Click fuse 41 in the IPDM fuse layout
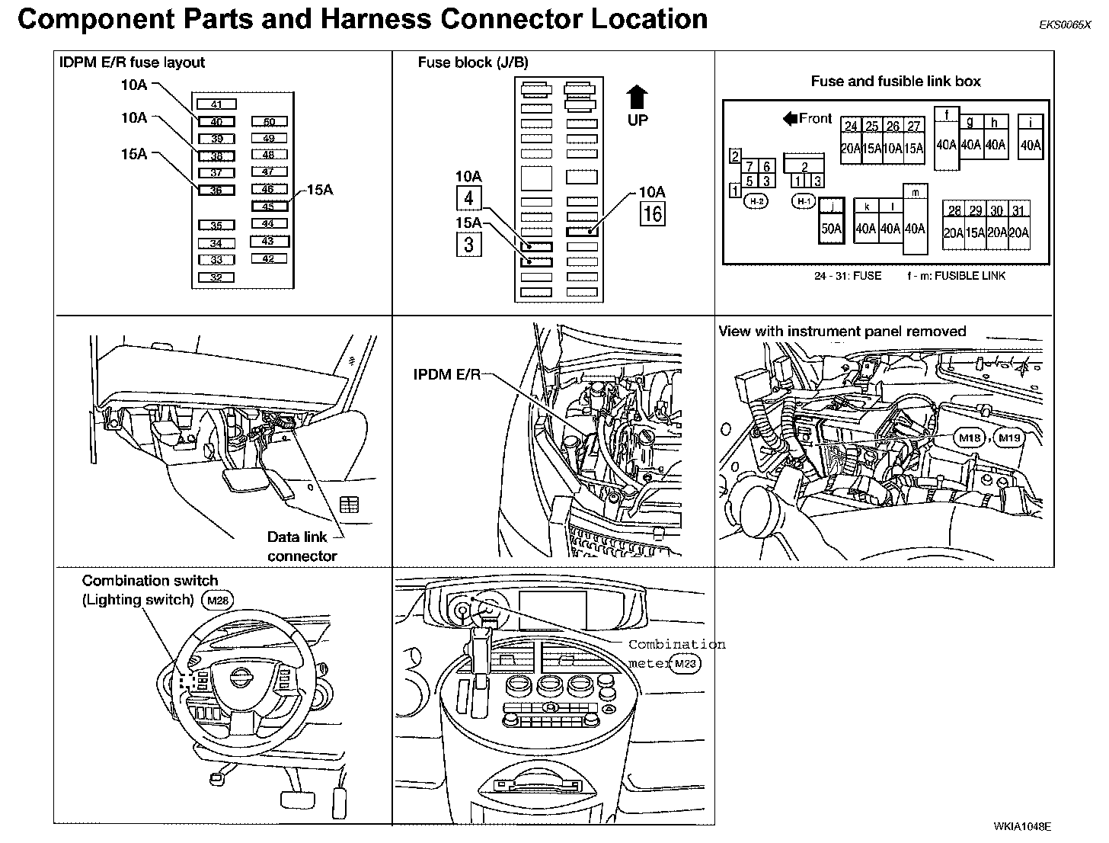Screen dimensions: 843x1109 click(216, 104)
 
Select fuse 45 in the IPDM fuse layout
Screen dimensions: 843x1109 click(269, 206)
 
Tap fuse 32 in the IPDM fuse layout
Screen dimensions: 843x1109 click(216, 277)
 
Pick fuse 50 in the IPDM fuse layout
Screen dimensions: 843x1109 click(270, 122)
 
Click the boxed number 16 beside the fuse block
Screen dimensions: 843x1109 click(653, 213)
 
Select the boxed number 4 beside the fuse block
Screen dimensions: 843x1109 click(468, 198)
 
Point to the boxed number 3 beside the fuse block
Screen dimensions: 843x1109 click(468, 244)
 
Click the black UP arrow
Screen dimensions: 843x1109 click(638, 98)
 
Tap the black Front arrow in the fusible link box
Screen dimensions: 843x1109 click(790, 118)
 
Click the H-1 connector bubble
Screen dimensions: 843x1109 click(804, 201)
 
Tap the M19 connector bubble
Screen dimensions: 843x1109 click(1010, 438)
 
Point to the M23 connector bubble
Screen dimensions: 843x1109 click(685, 664)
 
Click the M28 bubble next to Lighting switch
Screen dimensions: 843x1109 click(218, 601)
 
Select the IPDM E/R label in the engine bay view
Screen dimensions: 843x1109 click(447, 375)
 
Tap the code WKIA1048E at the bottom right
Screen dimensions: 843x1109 click(1022, 826)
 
